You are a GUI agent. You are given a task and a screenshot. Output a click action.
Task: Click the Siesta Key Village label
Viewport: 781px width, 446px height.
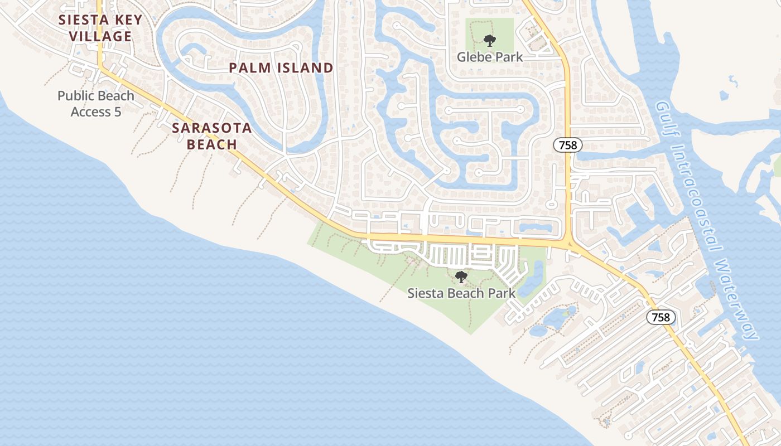[x=101, y=28]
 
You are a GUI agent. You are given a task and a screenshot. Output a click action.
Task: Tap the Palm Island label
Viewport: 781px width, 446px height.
[x=281, y=68]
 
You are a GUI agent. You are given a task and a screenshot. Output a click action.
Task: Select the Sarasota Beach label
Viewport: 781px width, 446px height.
[x=211, y=136]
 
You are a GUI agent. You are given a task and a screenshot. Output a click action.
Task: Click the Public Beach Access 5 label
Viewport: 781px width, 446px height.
[x=96, y=104]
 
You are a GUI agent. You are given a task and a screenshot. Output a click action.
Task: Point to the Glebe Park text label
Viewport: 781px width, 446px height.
[x=490, y=57]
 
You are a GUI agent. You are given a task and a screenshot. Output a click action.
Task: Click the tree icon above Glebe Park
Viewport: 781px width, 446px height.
[x=489, y=40]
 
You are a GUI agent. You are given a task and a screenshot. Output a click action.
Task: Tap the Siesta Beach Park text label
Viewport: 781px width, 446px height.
[x=461, y=293]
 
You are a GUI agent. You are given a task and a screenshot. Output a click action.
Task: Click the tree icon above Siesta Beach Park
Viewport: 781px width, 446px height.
[x=461, y=277]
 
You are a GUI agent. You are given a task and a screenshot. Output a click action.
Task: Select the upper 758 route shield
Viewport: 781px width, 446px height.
[x=568, y=146]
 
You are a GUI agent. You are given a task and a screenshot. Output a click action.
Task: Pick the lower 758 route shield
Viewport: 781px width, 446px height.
[x=661, y=317]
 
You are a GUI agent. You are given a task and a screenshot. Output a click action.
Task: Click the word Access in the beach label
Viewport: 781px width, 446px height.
[x=91, y=112]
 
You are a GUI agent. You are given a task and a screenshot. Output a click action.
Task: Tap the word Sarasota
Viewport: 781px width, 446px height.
[x=211, y=128]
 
